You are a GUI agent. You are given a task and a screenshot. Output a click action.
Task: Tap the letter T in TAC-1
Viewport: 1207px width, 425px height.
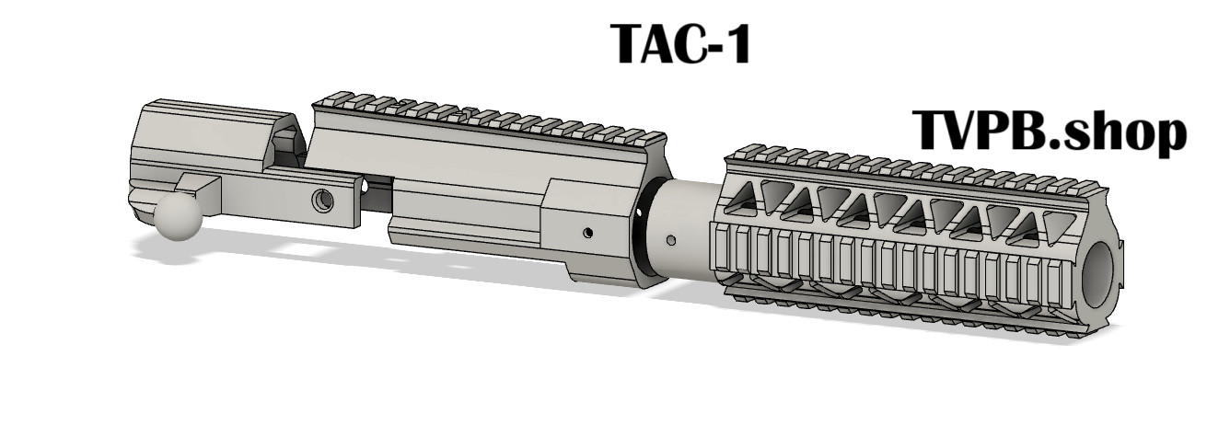click(x=630, y=44)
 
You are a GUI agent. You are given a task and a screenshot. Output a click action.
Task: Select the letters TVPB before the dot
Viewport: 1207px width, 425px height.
click(x=976, y=130)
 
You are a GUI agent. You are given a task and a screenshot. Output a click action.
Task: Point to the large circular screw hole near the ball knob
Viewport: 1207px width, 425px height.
click(x=322, y=201)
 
